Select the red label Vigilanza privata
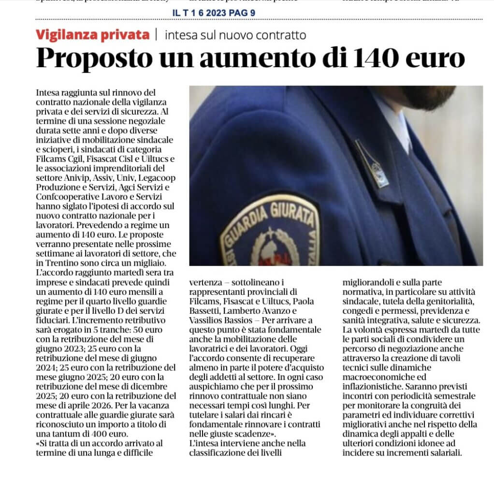click(x=92, y=35)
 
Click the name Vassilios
click(x=207, y=320)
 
